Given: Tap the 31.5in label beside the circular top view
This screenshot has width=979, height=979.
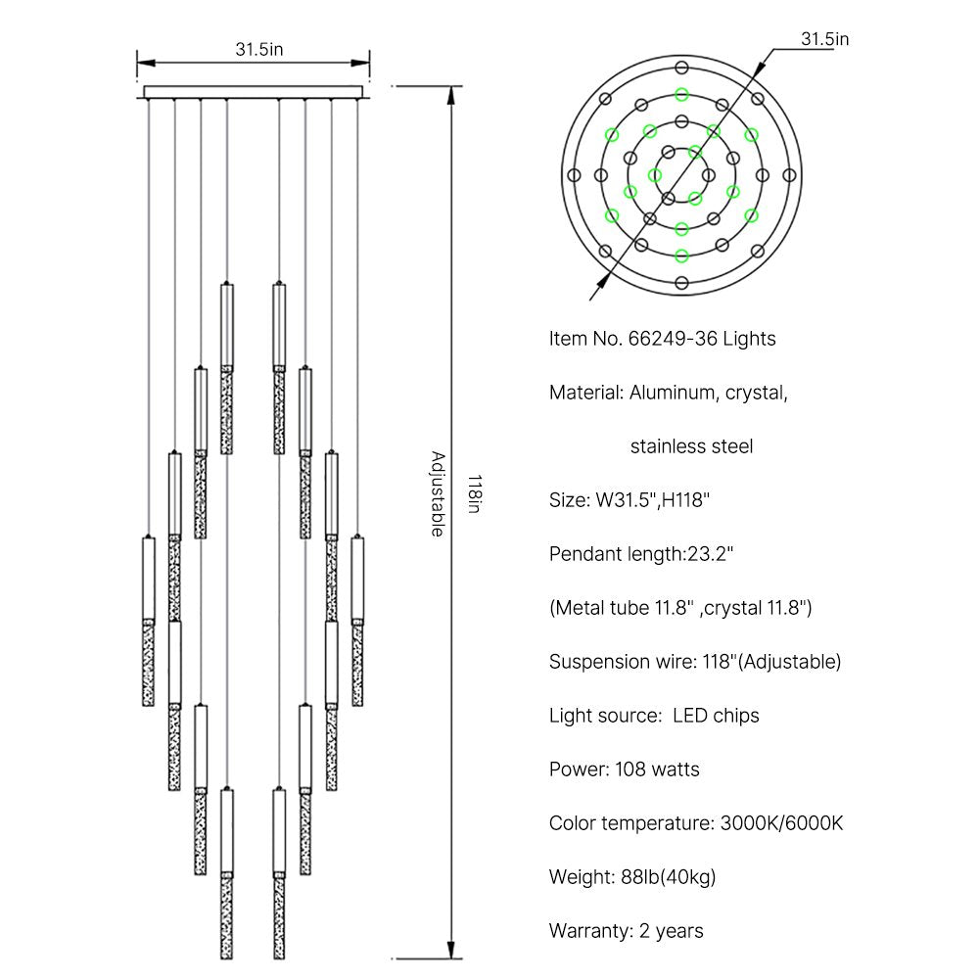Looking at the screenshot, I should click(x=824, y=39).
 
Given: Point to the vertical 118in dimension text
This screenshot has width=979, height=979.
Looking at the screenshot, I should click(x=474, y=494).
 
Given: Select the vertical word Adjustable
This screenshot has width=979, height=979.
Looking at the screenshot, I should click(x=437, y=494).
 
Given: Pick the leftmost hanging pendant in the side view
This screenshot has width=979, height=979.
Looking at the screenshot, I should click(x=148, y=622).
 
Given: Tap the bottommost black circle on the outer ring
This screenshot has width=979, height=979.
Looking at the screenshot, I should click(x=681, y=283).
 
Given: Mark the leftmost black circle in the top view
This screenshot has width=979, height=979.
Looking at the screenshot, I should click(x=574, y=174).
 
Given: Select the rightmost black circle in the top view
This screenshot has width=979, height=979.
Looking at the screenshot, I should click(x=789, y=174).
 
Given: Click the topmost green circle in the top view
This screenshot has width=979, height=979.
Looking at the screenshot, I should click(x=681, y=95).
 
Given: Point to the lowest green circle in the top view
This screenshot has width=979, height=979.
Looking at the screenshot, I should click(x=681, y=255).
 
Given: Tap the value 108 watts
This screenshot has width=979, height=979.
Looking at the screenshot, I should click(x=657, y=769).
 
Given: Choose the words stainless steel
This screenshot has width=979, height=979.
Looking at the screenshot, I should click(x=691, y=447).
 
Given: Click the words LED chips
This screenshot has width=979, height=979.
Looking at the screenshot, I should click(x=716, y=716).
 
